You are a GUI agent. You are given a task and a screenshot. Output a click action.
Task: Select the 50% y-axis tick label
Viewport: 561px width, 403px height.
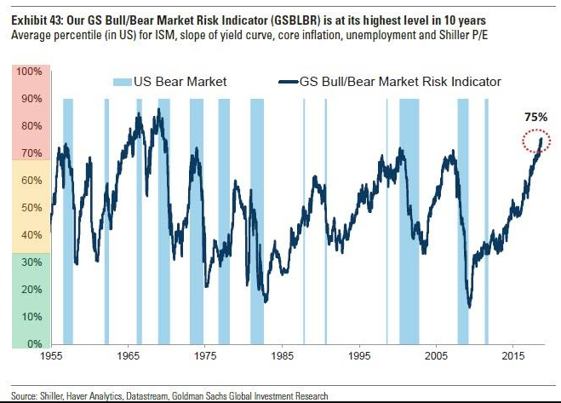click(x=31, y=208)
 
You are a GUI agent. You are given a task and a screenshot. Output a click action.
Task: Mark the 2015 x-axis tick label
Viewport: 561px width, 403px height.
click(x=513, y=354)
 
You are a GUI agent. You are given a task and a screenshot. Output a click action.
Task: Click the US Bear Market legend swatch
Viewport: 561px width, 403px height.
click(x=123, y=82)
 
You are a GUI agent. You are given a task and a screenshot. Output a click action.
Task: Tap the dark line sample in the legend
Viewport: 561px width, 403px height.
click(x=287, y=82)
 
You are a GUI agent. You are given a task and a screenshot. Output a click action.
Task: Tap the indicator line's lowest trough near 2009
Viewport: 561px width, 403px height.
click(x=469, y=308)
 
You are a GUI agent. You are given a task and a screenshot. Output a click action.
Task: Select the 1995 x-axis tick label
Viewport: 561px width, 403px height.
click(x=360, y=354)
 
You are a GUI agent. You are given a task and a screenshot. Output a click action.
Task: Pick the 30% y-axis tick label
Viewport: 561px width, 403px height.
click(x=31, y=262)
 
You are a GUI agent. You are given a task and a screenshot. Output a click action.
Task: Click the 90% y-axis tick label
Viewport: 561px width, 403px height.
click(x=31, y=99)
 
